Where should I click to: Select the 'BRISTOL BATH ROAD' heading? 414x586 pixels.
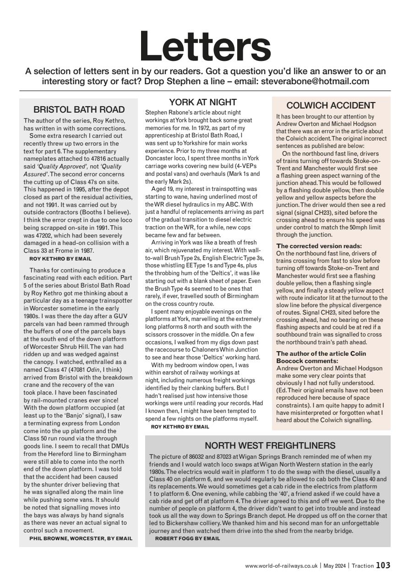(x=79, y=109)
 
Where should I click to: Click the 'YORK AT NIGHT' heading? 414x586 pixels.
(x=202, y=102)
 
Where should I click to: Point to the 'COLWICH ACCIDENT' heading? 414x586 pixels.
(x=331, y=105)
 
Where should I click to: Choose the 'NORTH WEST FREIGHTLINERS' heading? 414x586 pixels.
(x=270, y=445)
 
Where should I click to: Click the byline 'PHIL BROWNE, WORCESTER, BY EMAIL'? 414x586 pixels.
(x=81, y=538)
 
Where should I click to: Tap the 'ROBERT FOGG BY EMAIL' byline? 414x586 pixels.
(x=187, y=538)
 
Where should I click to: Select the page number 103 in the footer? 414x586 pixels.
(x=383, y=565)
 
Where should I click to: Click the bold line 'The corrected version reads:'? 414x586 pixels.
(x=313, y=246)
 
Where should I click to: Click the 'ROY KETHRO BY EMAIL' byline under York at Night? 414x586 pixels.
(x=180, y=426)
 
